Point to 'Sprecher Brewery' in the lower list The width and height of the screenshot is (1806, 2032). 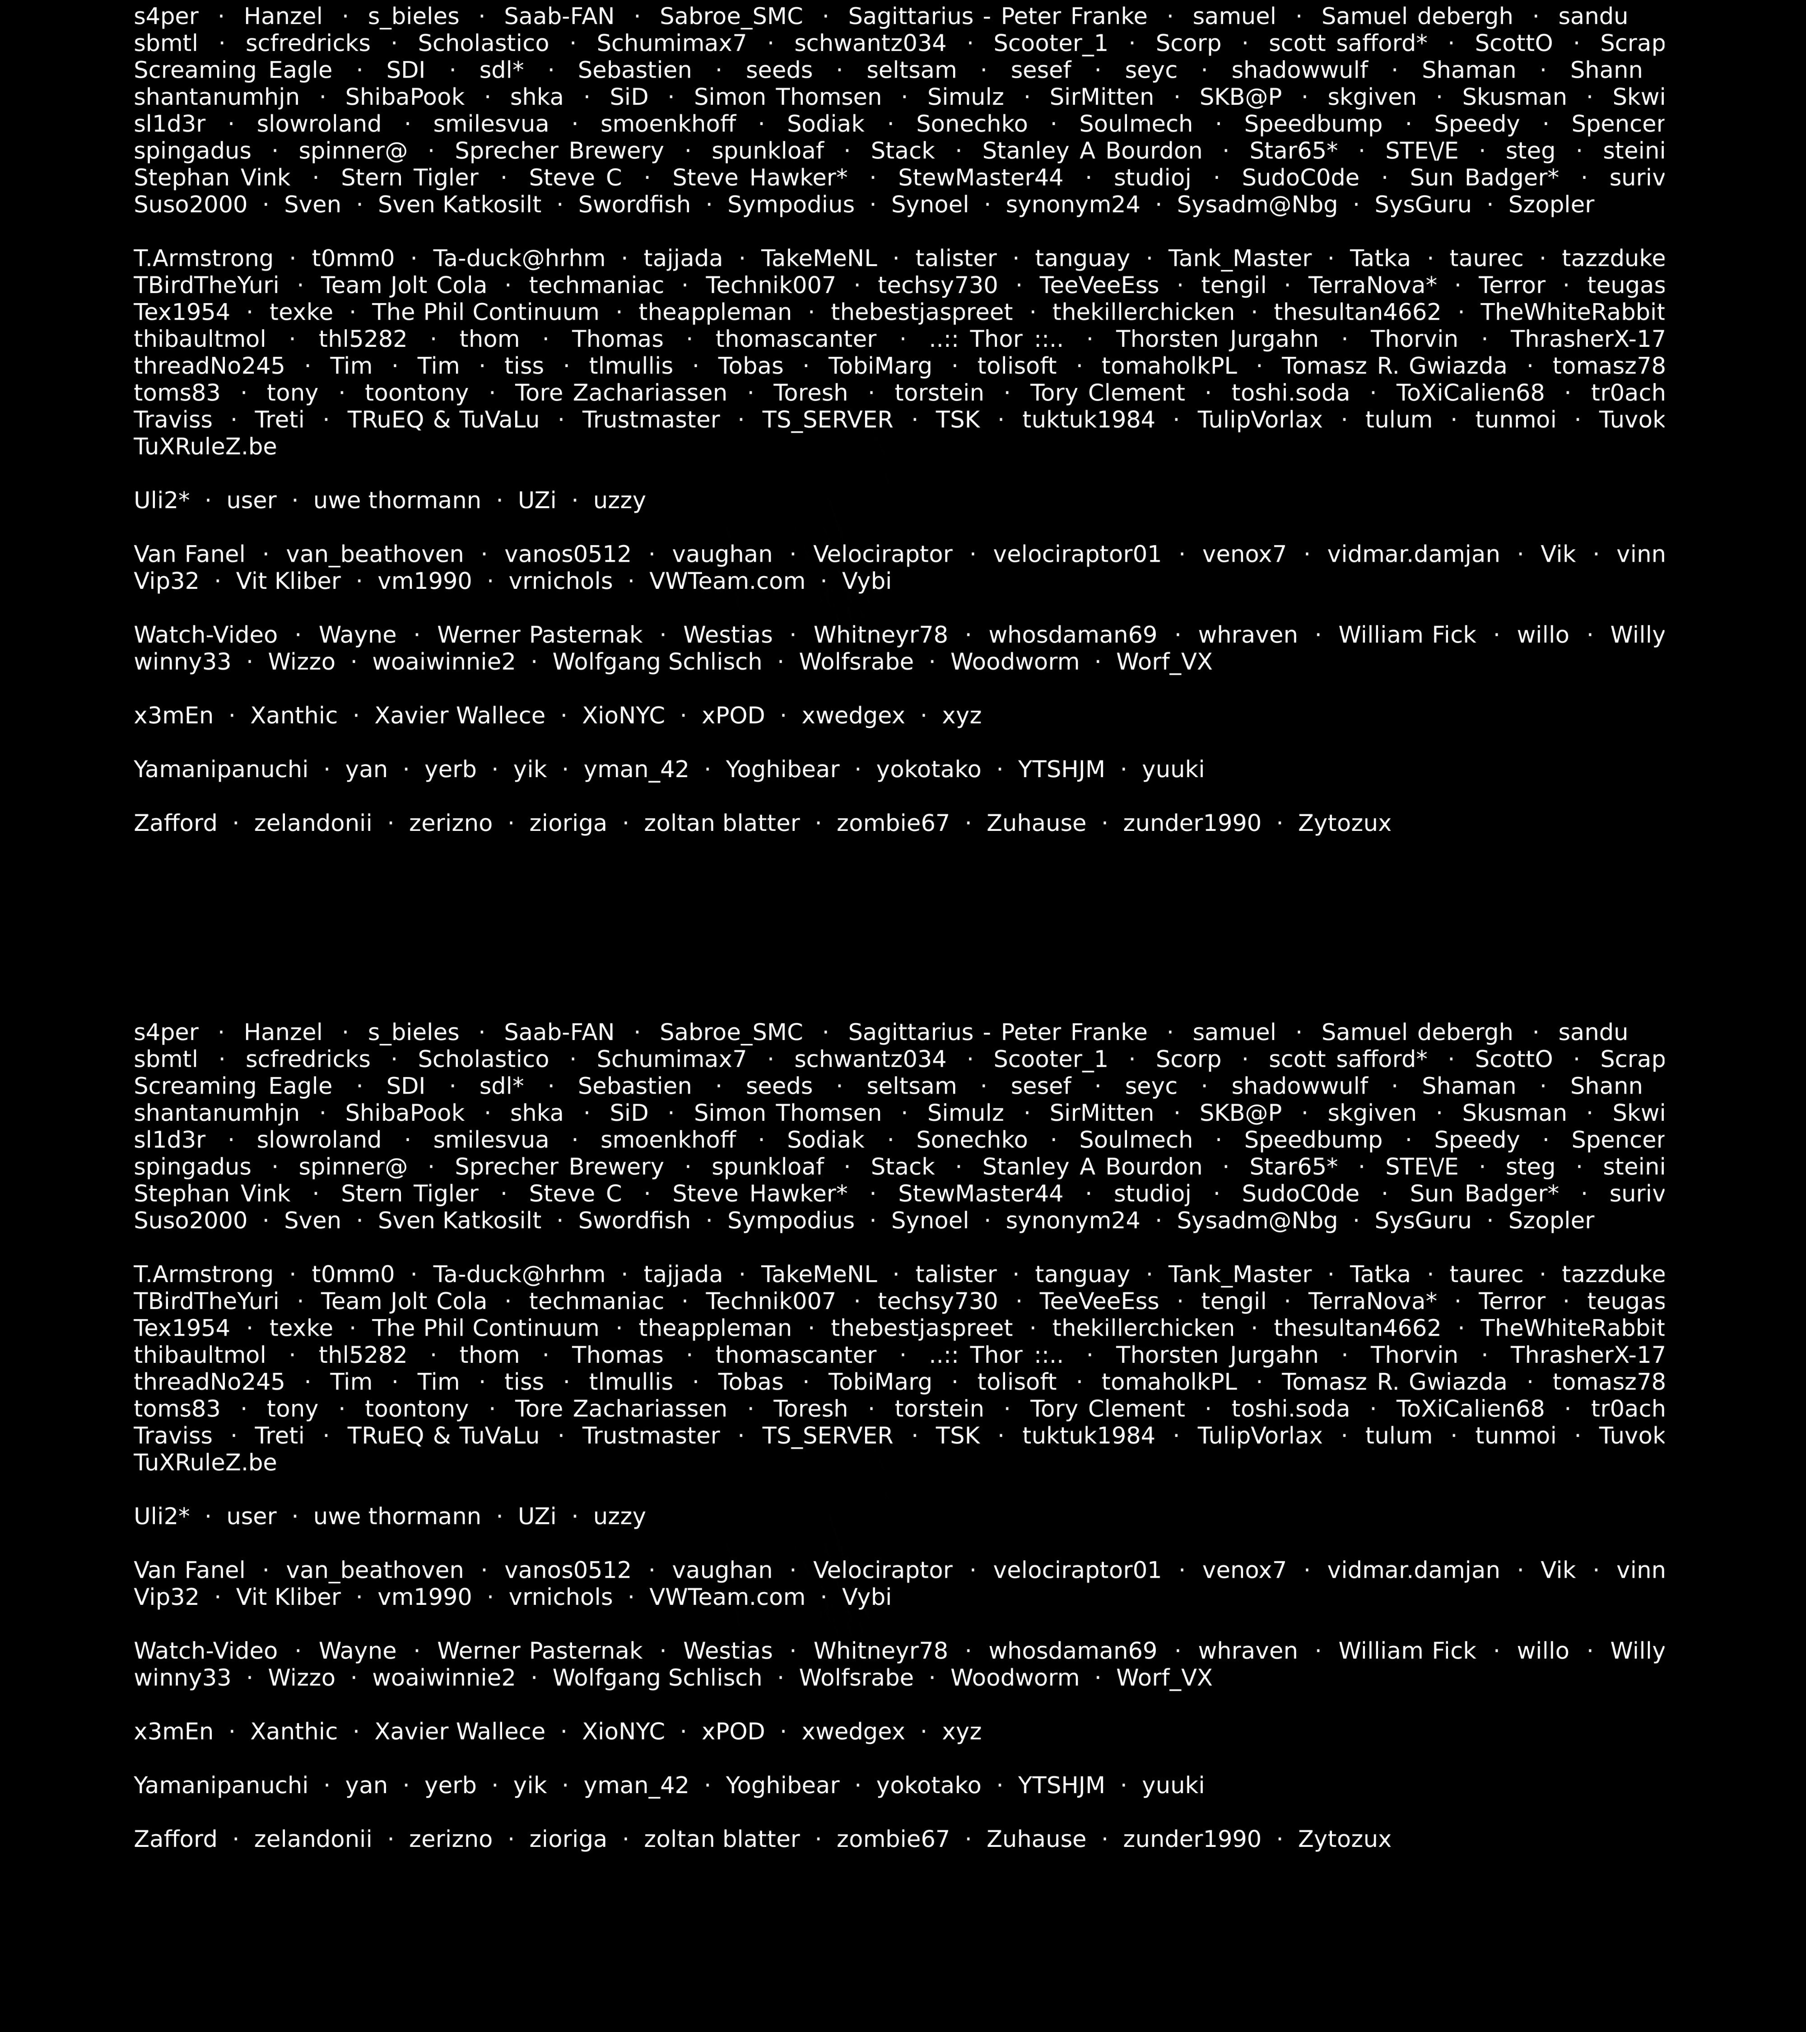559,1167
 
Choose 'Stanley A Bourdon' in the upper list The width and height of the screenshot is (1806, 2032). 1091,151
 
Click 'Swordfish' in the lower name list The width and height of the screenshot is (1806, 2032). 634,1221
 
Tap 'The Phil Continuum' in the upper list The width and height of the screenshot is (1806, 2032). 485,312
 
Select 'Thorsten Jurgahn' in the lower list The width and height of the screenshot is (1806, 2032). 1217,1355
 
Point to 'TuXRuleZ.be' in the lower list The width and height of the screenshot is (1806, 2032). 205,1463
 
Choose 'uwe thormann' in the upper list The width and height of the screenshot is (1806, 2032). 396,500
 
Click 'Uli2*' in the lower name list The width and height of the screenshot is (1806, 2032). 161,1516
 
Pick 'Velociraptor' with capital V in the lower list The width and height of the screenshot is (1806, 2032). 882,1570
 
